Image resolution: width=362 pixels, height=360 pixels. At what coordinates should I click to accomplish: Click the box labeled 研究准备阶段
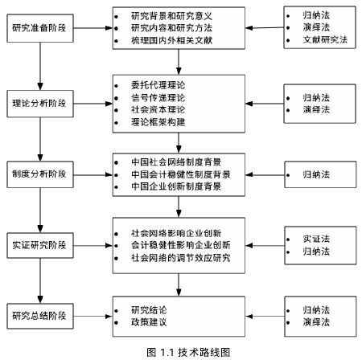tap(40, 28)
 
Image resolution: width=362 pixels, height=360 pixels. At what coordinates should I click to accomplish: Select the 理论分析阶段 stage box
tap(40, 104)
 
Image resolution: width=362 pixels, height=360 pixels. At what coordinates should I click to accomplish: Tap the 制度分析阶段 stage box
tap(40, 174)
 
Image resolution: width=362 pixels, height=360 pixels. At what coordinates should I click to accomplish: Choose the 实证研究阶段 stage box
tap(40, 245)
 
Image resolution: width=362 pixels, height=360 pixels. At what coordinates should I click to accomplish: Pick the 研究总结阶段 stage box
tap(40, 316)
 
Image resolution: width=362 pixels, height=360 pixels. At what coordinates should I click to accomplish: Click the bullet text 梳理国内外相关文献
tap(171, 40)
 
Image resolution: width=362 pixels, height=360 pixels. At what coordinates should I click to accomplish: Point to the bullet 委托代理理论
tap(158, 85)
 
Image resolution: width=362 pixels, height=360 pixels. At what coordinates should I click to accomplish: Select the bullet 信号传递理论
tap(158, 97)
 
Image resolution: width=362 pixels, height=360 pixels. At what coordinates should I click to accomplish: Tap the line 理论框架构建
tap(158, 122)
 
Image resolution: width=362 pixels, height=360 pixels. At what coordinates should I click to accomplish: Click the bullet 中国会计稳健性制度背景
tap(181, 174)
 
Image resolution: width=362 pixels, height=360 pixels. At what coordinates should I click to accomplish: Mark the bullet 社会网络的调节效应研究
tap(181, 258)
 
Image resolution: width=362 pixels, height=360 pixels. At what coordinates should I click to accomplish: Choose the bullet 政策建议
tap(149, 322)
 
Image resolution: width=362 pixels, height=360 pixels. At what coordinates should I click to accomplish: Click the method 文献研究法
tap(325, 39)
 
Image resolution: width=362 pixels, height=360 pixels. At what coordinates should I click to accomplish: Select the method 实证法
tap(316, 239)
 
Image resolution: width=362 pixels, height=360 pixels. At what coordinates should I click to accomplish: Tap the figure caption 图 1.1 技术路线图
tap(188, 352)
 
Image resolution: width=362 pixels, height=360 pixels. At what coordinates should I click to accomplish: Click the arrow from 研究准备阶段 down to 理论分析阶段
tap(40, 66)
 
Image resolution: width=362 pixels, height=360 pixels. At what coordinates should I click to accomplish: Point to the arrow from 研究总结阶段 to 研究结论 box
tap(93, 317)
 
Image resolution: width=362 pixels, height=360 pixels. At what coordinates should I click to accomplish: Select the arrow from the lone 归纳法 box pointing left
tap(265, 174)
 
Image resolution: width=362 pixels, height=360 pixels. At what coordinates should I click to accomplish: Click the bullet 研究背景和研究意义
tap(171, 16)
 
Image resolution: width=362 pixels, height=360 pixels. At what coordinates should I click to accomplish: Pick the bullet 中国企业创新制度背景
tap(176, 186)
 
